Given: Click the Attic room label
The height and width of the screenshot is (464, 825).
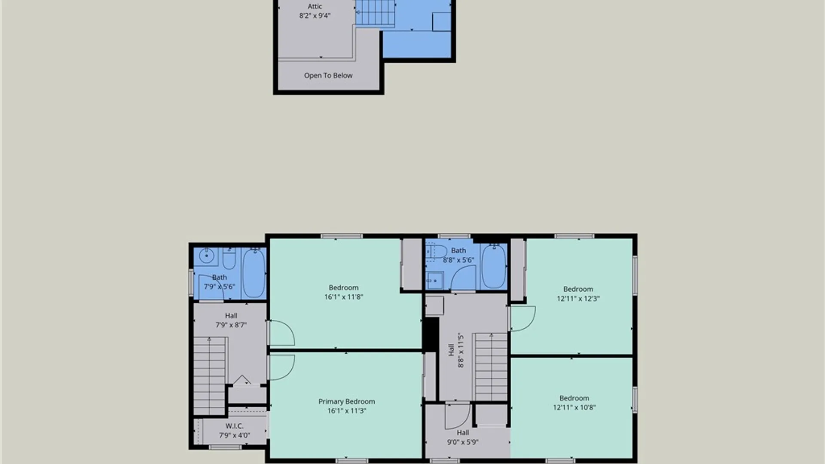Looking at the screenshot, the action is click(315, 6).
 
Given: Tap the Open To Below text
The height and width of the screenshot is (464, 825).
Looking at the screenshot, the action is click(328, 76).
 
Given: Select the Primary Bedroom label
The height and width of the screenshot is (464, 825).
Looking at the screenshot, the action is click(347, 401).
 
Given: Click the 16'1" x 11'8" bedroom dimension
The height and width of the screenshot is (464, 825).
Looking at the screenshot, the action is click(344, 297).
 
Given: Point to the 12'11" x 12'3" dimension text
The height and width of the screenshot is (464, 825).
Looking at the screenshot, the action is click(578, 299).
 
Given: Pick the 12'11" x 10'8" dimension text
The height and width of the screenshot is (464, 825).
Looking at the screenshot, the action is click(574, 407).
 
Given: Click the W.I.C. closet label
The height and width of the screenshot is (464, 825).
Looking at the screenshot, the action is click(234, 426).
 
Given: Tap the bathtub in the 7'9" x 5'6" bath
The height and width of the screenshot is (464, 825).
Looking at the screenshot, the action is click(254, 273).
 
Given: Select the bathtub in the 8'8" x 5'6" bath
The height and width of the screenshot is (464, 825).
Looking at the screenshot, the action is click(494, 266).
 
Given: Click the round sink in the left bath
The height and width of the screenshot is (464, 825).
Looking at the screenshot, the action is click(207, 256).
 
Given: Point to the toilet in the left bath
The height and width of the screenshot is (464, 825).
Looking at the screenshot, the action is click(229, 258).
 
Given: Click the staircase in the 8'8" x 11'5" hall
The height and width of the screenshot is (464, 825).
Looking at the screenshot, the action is click(491, 367).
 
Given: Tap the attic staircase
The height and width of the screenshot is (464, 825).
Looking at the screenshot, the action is click(375, 12).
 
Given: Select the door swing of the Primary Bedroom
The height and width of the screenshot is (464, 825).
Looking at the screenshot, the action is click(282, 367).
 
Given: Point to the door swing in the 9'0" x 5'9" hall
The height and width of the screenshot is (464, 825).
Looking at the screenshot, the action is click(458, 416).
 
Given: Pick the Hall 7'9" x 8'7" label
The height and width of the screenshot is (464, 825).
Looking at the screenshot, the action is click(231, 321).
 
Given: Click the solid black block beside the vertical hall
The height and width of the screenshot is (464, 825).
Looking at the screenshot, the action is click(431, 334).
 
